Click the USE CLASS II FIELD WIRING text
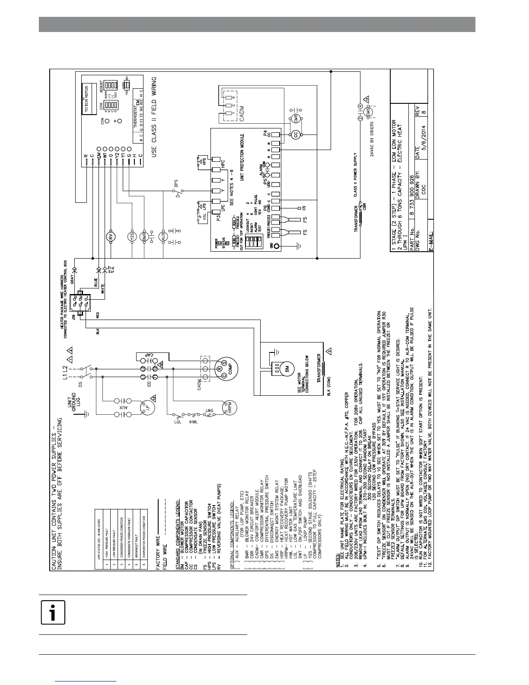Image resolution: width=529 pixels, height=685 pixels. point(153,117)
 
